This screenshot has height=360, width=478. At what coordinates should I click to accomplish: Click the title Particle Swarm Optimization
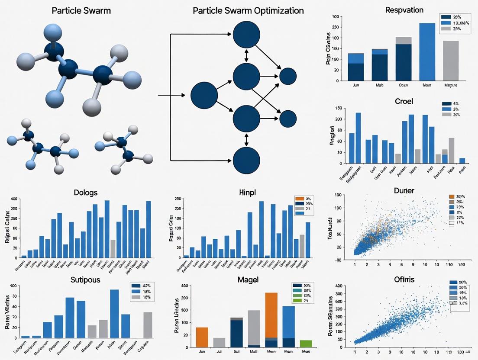[248, 10]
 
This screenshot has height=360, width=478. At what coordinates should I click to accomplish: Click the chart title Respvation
[404, 10]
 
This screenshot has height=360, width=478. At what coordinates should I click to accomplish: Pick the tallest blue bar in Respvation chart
[427, 52]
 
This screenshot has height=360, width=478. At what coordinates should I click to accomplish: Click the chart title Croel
[404, 101]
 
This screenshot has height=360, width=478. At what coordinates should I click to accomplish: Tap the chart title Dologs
[85, 192]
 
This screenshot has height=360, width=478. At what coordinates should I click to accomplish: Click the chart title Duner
[404, 190]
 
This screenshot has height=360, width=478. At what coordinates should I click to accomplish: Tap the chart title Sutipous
[85, 280]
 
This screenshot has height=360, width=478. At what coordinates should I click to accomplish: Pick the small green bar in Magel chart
[306, 344]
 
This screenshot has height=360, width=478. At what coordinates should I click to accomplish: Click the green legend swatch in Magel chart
[297, 300]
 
